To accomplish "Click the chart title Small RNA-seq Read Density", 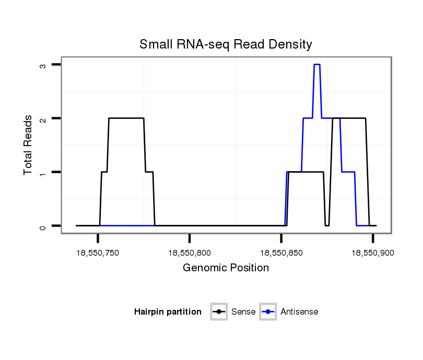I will [226, 44].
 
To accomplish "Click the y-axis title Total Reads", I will [28, 145].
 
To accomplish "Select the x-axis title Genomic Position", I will [226, 268].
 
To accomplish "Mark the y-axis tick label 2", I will [43, 119].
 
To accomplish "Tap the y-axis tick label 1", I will [43, 172].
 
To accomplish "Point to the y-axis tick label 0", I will [43, 226].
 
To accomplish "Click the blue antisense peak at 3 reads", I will [316, 65].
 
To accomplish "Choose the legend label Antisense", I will [299, 312].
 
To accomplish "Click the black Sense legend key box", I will [219, 312].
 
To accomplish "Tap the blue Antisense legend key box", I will [268, 312].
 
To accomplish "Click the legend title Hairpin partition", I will [168, 312].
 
